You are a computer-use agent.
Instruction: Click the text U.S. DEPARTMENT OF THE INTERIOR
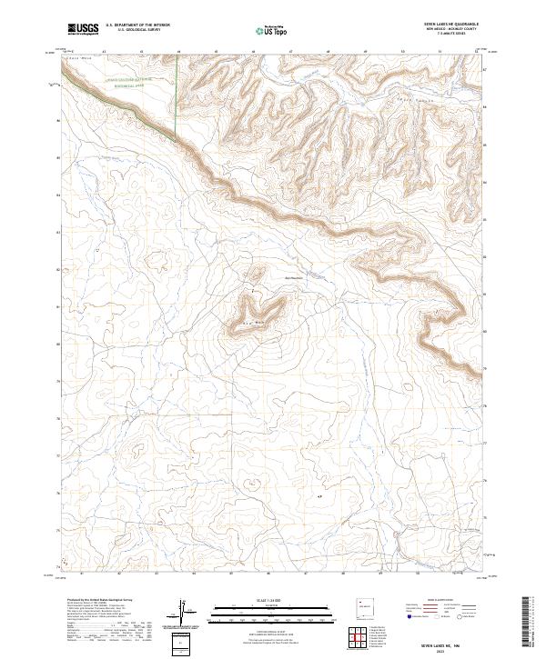point(137,25)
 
